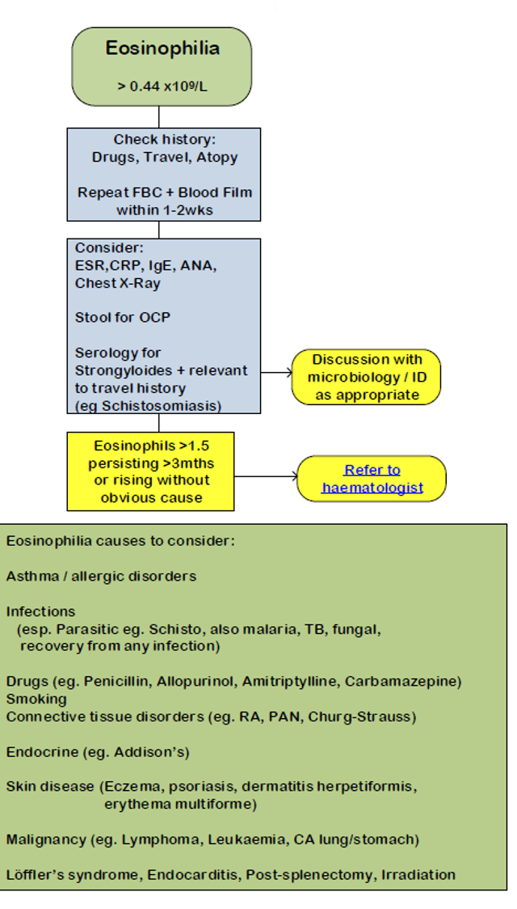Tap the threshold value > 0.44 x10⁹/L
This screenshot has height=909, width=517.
pos(162,86)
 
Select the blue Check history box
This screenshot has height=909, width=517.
pos(164,174)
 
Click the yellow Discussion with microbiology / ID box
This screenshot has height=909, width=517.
pos(366,377)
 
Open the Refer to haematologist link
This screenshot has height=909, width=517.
pos(372,479)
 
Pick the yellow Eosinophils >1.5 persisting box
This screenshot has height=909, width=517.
pos(151,471)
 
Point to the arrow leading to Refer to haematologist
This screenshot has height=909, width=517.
pos(266,477)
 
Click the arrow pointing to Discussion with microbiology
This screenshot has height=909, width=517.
pos(276,373)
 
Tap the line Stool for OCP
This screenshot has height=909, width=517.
pos(123,318)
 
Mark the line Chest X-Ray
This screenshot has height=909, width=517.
pos(117,283)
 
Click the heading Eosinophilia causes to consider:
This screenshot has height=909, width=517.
pos(120,541)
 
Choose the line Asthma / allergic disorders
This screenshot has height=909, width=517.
pos(101,577)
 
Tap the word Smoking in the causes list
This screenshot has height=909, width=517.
pos(36,699)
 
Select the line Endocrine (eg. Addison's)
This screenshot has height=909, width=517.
pos(98,752)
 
